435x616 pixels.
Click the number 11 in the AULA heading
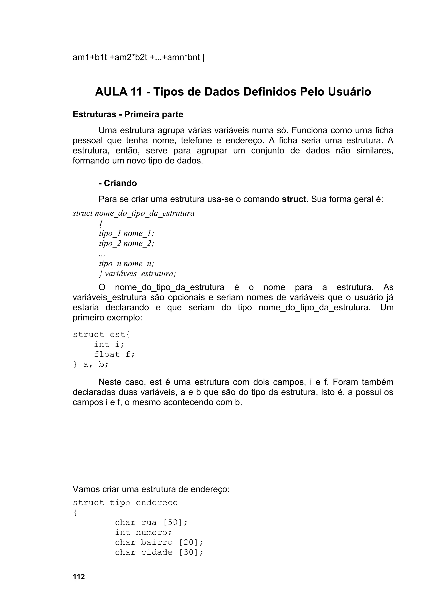pyautogui.click(x=136, y=92)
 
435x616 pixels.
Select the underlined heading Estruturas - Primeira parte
pyautogui.click(x=128, y=114)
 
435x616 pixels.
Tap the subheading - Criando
pyautogui.click(x=118, y=183)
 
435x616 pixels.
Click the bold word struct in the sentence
pyautogui.click(x=294, y=199)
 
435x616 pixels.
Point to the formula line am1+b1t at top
pyautogui.click(x=138, y=57)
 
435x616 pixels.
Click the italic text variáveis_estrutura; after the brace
pyautogui.click(x=140, y=274)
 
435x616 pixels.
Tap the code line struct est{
pyautogui.click(x=101, y=335)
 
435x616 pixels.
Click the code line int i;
pyautogui.click(x=109, y=345)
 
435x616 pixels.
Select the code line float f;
pyautogui.click(x=114, y=354)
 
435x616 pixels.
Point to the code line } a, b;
pyautogui.click(x=91, y=364)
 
